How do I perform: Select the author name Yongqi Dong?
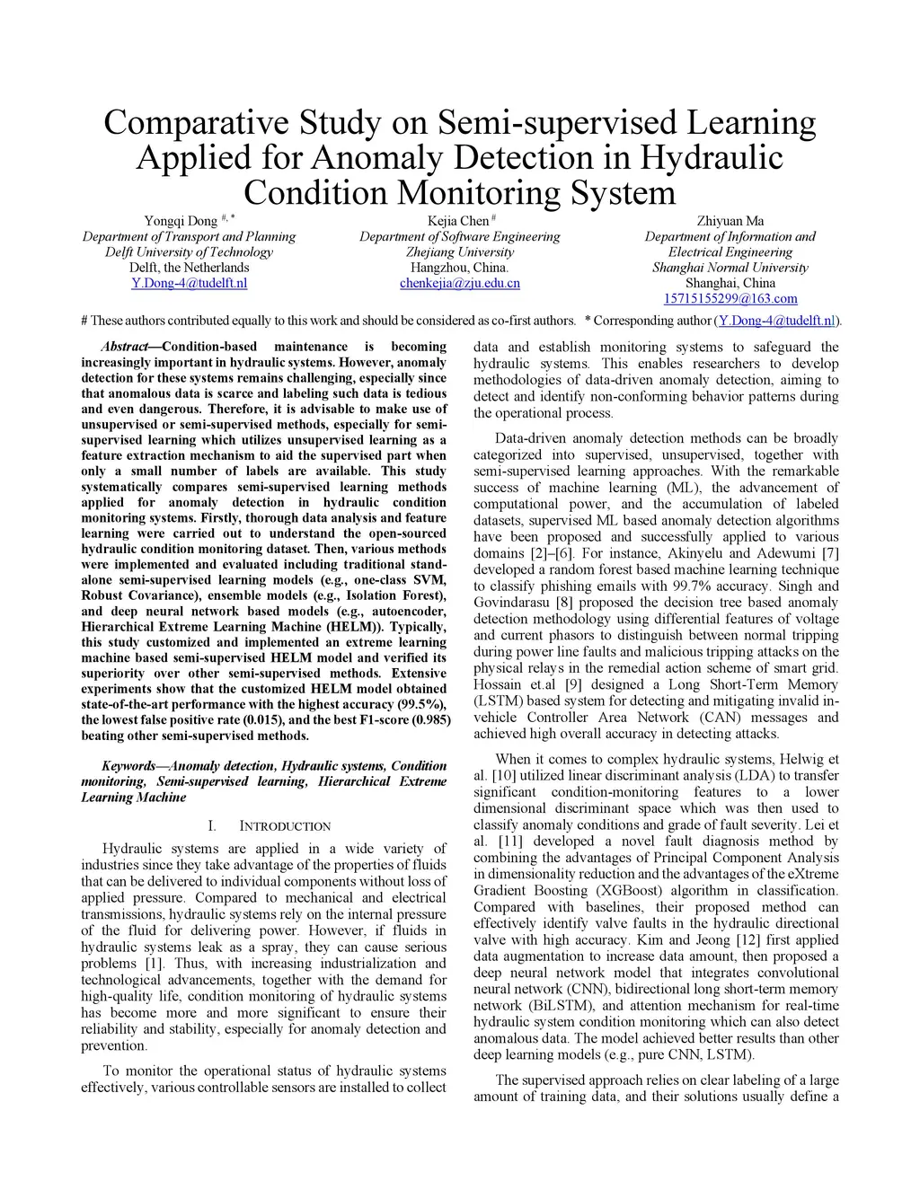tap(181, 222)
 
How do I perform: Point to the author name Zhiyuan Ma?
tap(730, 221)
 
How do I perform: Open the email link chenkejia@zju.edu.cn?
tap(459, 283)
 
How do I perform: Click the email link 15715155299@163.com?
tap(730, 298)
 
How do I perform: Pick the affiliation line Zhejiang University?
tap(459, 252)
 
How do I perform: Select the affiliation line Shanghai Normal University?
tap(730, 268)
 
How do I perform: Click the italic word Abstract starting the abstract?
tap(125, 347)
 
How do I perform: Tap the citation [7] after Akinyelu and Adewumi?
tap(830, 553)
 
